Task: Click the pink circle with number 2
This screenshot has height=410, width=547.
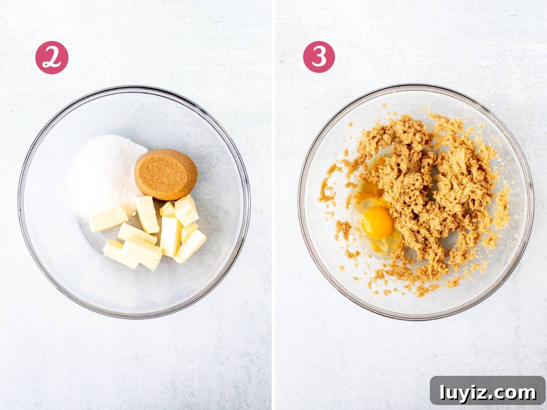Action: pyautogui.click(x=52, y=57)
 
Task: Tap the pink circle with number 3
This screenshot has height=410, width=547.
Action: pyautogui.click(x=319, y=57)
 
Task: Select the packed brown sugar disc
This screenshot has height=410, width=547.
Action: pyautogui.click(x=166, y=174)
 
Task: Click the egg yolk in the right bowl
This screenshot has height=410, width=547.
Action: pyautogui.click(x=377, y=223)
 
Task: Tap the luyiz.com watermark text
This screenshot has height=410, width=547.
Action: pyautogui.click(x=488, y=393)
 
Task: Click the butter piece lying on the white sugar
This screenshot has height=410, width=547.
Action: pyautogui.click(x=108, y=219)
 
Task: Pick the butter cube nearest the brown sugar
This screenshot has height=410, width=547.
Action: pyautogui.click(x=186, y=210)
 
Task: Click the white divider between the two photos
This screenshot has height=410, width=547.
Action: pyautogui.click(x=273, y=205)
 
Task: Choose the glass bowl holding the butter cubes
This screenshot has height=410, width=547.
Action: pyautogui.click(x=134, y=202)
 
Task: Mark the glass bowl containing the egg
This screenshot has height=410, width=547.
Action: pyautogui.click(x=416, y=201)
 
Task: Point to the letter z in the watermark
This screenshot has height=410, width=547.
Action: pyautogui.click(x=482, y=394)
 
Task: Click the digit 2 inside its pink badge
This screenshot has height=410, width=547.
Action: pyautogui.click(x=52, y=58)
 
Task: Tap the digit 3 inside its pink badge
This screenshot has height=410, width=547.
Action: pyautogui.click(x=319, y=57)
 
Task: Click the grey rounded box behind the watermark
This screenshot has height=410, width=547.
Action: pyautogui.click(x=488, y=393)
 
